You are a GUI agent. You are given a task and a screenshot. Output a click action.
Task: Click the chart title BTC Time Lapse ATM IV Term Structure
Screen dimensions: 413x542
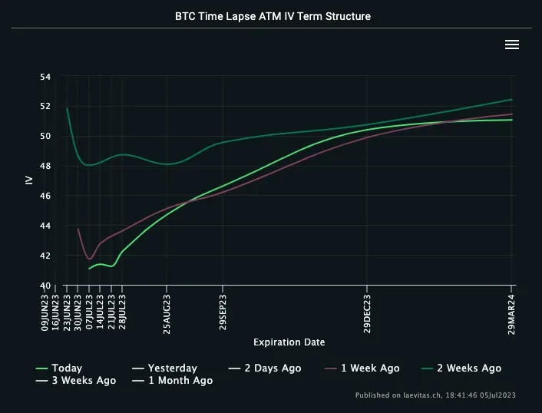(273, 16)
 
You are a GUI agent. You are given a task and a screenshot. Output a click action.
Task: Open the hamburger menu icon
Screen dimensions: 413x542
(512, 45)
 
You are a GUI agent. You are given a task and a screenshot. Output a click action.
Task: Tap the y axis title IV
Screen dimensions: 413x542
(29, 181)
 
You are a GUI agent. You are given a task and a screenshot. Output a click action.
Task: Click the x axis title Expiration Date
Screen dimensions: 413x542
(289, 342)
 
